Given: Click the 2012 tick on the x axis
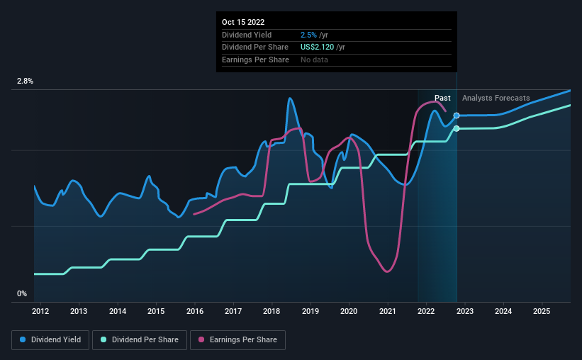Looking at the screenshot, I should [x=40, y=311].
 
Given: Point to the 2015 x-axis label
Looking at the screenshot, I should [x=156, y=311].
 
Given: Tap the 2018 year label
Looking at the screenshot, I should [x=272, y=311].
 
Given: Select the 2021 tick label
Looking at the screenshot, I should [x=388, y=311].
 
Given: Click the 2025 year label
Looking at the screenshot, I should [x=542, y=311].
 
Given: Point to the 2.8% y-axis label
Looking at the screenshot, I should [x=25, y=81].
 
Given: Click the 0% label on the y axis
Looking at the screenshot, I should [x=22, y=293].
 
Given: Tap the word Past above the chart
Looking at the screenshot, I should [x=442, y=98].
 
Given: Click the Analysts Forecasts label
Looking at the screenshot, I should [x=496, y=98].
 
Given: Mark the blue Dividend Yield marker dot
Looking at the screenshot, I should [x=457, y=116].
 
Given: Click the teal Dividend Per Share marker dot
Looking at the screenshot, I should [x=457, y=128].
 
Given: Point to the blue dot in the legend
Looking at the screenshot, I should [x=23, y=340].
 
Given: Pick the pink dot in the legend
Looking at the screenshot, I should [x=201, y=340].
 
